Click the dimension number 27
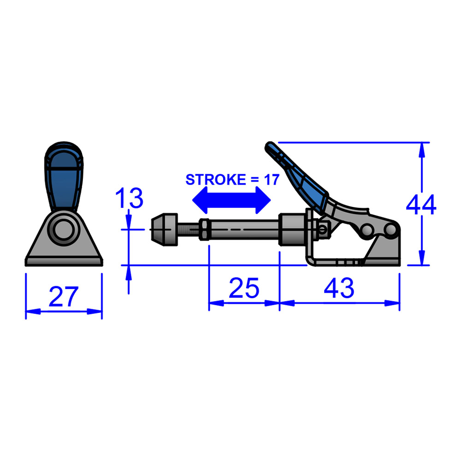[x=64, y=296]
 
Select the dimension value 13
[x=129, y=198]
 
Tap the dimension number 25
[x=244, y=288]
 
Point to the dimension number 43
[x=339, y=288]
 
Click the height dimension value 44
[x=421, y=205]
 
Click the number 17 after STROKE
[x=271, y=180]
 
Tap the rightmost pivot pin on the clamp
[x=392, y=229]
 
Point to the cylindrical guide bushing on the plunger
[x=292, y=230]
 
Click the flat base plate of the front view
[x=64, y=262]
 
